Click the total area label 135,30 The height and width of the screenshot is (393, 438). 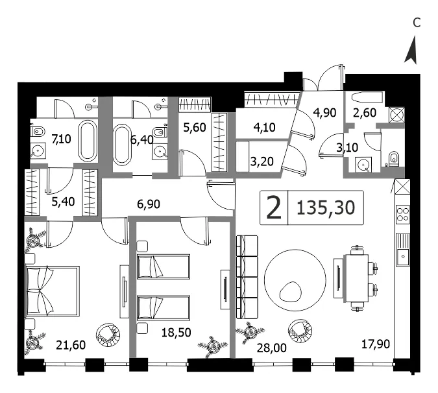coord(326,208)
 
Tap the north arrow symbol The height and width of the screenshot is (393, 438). coord(411,50)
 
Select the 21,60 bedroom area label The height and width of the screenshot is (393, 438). coord(71,345)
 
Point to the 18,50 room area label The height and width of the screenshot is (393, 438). coord(176,333)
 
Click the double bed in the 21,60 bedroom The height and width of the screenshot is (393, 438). coord(53,291)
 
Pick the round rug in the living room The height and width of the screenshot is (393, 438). coord(295,280)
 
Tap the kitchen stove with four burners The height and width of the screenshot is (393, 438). coord(402,214)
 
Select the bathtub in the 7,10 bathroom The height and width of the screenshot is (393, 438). coord(88,141)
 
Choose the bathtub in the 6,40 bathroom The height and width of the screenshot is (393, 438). coord(122,145)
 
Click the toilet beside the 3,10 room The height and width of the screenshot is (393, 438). coord(394,158)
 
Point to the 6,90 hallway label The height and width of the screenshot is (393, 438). coord(149,204)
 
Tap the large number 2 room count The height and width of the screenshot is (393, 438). coord(273,208)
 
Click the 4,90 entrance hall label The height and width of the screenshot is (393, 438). coord(324,113)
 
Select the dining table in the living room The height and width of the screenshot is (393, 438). coord(356,278)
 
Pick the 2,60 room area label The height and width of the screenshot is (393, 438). coord(365,113)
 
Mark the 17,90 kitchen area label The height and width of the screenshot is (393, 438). coord(376,344)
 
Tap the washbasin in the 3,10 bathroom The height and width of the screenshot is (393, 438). coord(363,165)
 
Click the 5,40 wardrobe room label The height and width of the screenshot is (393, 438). coord(63,201)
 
